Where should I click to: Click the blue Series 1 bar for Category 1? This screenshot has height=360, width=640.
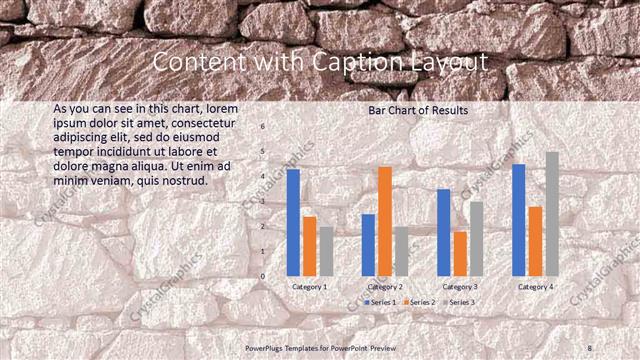293,222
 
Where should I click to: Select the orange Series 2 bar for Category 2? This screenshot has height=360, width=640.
385,221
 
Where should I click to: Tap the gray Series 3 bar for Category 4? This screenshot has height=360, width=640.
552,214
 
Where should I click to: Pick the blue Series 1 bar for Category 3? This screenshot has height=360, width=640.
444,232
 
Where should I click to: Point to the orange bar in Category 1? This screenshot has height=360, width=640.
310,246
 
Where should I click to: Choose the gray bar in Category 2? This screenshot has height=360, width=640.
401,251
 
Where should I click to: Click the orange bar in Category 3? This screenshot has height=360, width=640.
460,254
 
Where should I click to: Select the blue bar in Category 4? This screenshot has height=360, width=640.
519,220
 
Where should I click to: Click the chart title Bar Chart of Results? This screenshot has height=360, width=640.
418,110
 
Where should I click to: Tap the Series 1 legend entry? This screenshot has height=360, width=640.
381,301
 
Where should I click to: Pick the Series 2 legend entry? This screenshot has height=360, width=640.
421,301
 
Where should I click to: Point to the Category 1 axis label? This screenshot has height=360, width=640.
310,287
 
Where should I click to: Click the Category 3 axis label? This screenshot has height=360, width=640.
460,287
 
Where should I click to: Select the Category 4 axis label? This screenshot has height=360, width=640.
535,287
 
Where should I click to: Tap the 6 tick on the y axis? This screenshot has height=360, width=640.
263,127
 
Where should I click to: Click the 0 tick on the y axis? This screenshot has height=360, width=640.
263,276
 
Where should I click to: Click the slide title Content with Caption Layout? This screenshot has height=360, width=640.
320,62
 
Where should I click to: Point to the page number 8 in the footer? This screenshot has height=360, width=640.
590,347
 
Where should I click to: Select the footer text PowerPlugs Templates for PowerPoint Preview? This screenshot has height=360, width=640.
320,347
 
